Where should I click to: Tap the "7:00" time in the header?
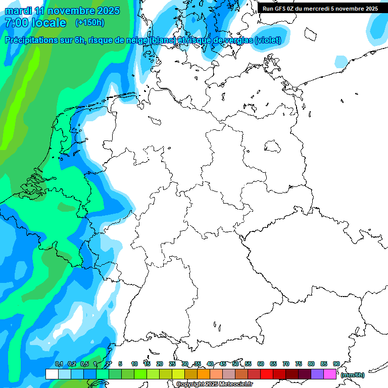(x=16, y=23)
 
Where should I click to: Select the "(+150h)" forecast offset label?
(x=89, y=23)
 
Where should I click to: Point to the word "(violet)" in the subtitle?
(x=268, y=40)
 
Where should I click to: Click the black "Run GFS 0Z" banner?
(x=320, y=8)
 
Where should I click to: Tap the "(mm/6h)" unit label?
(x=353, y=375)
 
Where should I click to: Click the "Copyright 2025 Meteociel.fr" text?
(x=215, y=384)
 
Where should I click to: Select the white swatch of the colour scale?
(x=52, y=374)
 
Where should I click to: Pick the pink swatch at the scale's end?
(x=330, y=374)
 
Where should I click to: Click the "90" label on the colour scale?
(x=336, y=364)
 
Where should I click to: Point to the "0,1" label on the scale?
(x=59, y=364)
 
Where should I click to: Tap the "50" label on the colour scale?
(x=235, y=364)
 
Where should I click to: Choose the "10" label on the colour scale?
(x=134, y=364)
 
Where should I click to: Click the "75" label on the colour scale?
(x=299, y=364)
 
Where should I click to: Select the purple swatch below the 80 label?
(x=317, y=374)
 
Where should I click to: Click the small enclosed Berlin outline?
(x=273, y=147)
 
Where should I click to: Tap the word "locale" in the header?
(x=49, y=23)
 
